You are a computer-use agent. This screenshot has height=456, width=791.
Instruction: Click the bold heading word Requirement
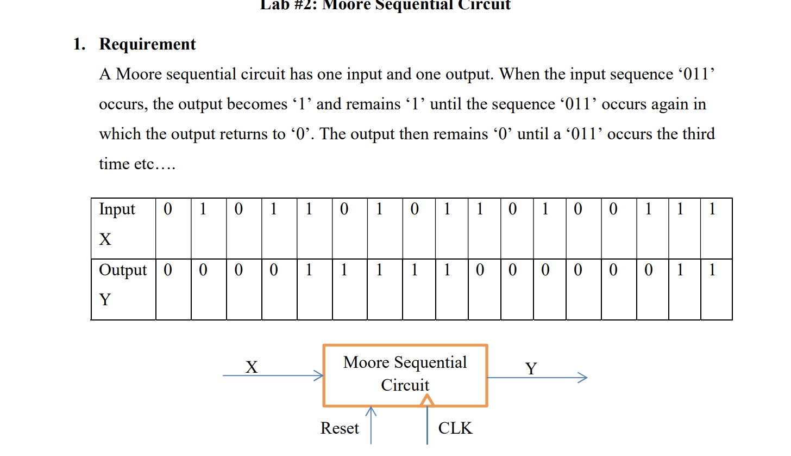pyautogui.click(x=147, y=44)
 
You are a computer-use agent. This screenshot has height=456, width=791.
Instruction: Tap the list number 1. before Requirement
pyautogui.click(x=79, y=44)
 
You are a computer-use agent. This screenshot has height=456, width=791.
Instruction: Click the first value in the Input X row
pyautogui.click(x=168, y=209)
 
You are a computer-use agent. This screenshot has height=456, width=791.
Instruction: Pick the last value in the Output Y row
pyautogui.click(x=712, y=270)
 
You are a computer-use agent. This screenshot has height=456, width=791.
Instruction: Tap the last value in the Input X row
pyautogui.click(x=712, y=209)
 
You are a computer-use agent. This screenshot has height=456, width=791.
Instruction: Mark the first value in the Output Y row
pyautogui.click(x=168, y=270)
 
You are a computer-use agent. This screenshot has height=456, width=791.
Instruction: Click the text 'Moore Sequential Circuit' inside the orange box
pyautogui.click(x=405, y=374)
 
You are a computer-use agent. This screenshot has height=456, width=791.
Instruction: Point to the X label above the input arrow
pyautogui.click(x=251, y=368)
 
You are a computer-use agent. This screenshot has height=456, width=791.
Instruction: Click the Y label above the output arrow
pyautogui.click(x=531, y=369)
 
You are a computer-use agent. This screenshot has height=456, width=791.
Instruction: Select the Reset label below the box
pyautogui.click(x=340, y=429)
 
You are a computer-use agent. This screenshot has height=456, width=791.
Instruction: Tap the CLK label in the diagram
pyautogui.click(x=455, y=429)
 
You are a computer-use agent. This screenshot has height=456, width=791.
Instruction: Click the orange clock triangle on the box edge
pyautogui.click(x=428, y=400)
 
